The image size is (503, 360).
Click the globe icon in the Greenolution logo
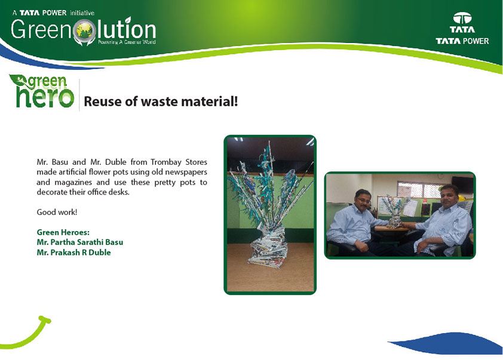coord(84,31)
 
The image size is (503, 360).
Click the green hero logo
coord(42,91)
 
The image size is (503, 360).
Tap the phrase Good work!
coord(57,212)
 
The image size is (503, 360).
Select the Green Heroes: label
coord(63,232)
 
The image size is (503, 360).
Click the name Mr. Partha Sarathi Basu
coord(80,242)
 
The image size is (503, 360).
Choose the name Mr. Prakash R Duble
coord(74,253)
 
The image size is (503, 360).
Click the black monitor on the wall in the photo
coord(462,184)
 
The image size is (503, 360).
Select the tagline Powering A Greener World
coord(127,42)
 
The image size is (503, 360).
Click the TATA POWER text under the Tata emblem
coord(462,41)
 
